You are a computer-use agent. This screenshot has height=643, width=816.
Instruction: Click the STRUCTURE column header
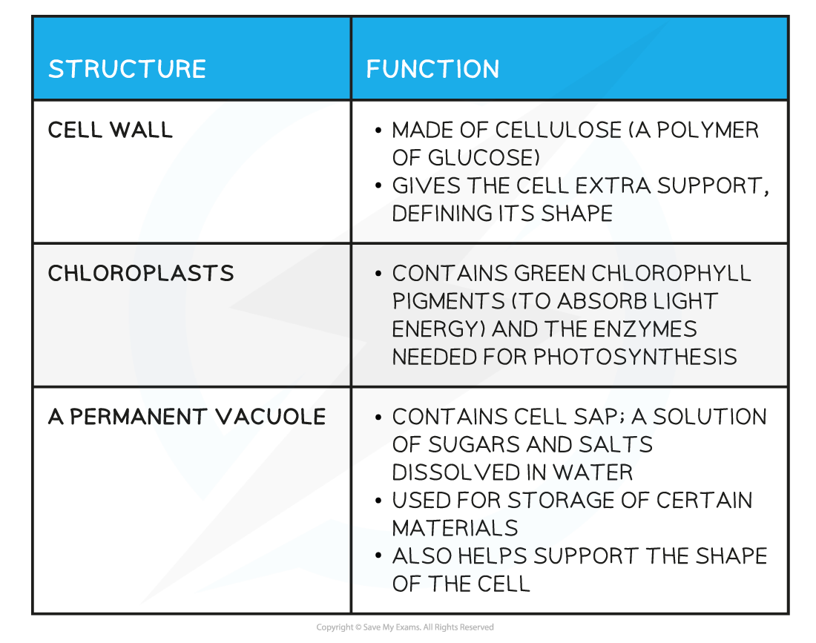click(127, 69)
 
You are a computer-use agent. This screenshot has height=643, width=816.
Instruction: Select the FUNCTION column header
click(432, 69)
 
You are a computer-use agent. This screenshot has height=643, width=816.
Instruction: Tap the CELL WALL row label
click(110, 130)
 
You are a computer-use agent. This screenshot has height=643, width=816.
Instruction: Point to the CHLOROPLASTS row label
click(141, 274)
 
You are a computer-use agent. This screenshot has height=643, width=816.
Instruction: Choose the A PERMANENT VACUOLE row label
click(187, 417)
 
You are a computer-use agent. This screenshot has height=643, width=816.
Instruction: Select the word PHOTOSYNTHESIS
click(635, 357)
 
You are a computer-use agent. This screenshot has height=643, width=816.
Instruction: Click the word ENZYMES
click(645, 329)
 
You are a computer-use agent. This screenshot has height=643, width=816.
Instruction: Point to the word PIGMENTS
click(448, 301)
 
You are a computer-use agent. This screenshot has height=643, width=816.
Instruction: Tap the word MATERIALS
click(455, 529)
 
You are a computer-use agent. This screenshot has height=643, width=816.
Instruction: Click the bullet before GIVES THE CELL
click(378, 185)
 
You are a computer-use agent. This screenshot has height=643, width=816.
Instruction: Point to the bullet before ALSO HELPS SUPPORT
click(378, 556)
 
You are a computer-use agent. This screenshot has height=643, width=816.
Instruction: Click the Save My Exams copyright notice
click(405, 627)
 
